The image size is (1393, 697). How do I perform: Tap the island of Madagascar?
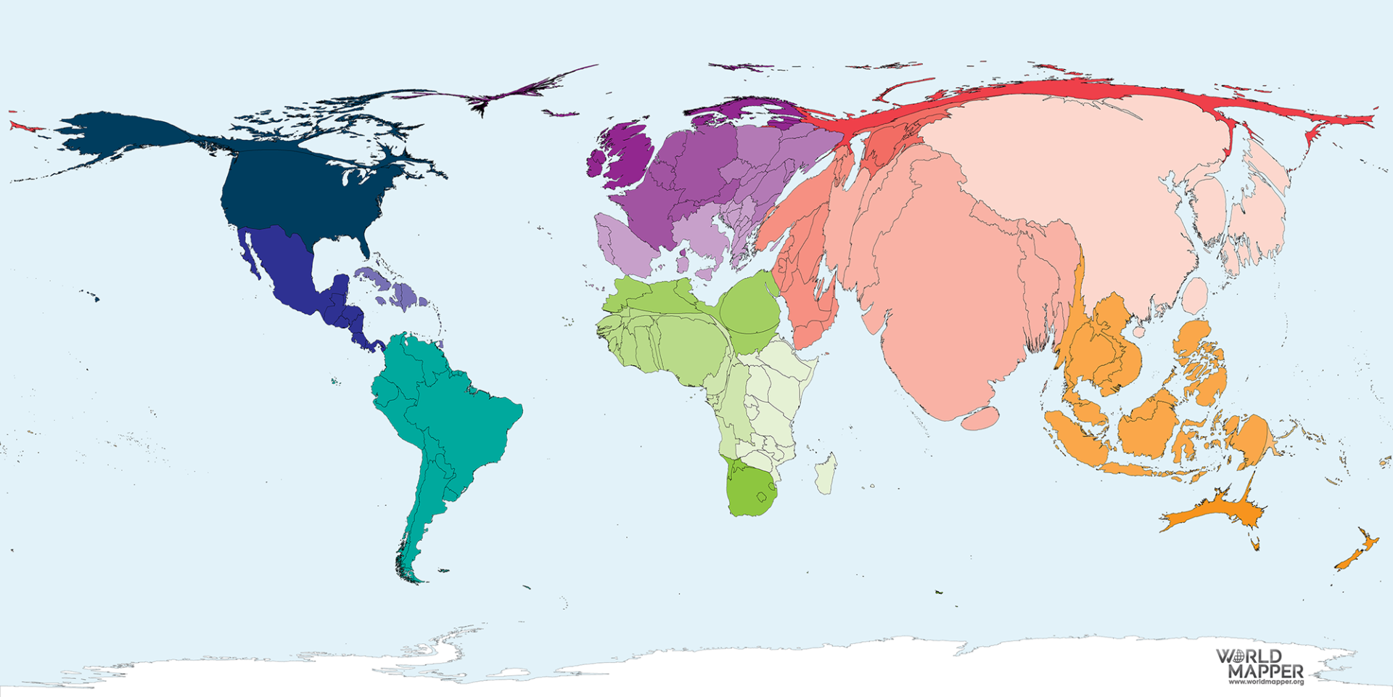click(x=825, y=474)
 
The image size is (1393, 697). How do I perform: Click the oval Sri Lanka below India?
click(x=979, y=418)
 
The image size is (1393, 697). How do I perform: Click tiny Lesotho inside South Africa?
click(x=762, y=497)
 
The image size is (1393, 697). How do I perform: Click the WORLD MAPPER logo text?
click(x=1259, y=664)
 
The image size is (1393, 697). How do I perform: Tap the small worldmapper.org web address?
click(x=1266, y=682)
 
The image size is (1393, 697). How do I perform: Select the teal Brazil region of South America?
click(x=464, y=421)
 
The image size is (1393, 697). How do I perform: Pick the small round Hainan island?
click(x=1139, y=332)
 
